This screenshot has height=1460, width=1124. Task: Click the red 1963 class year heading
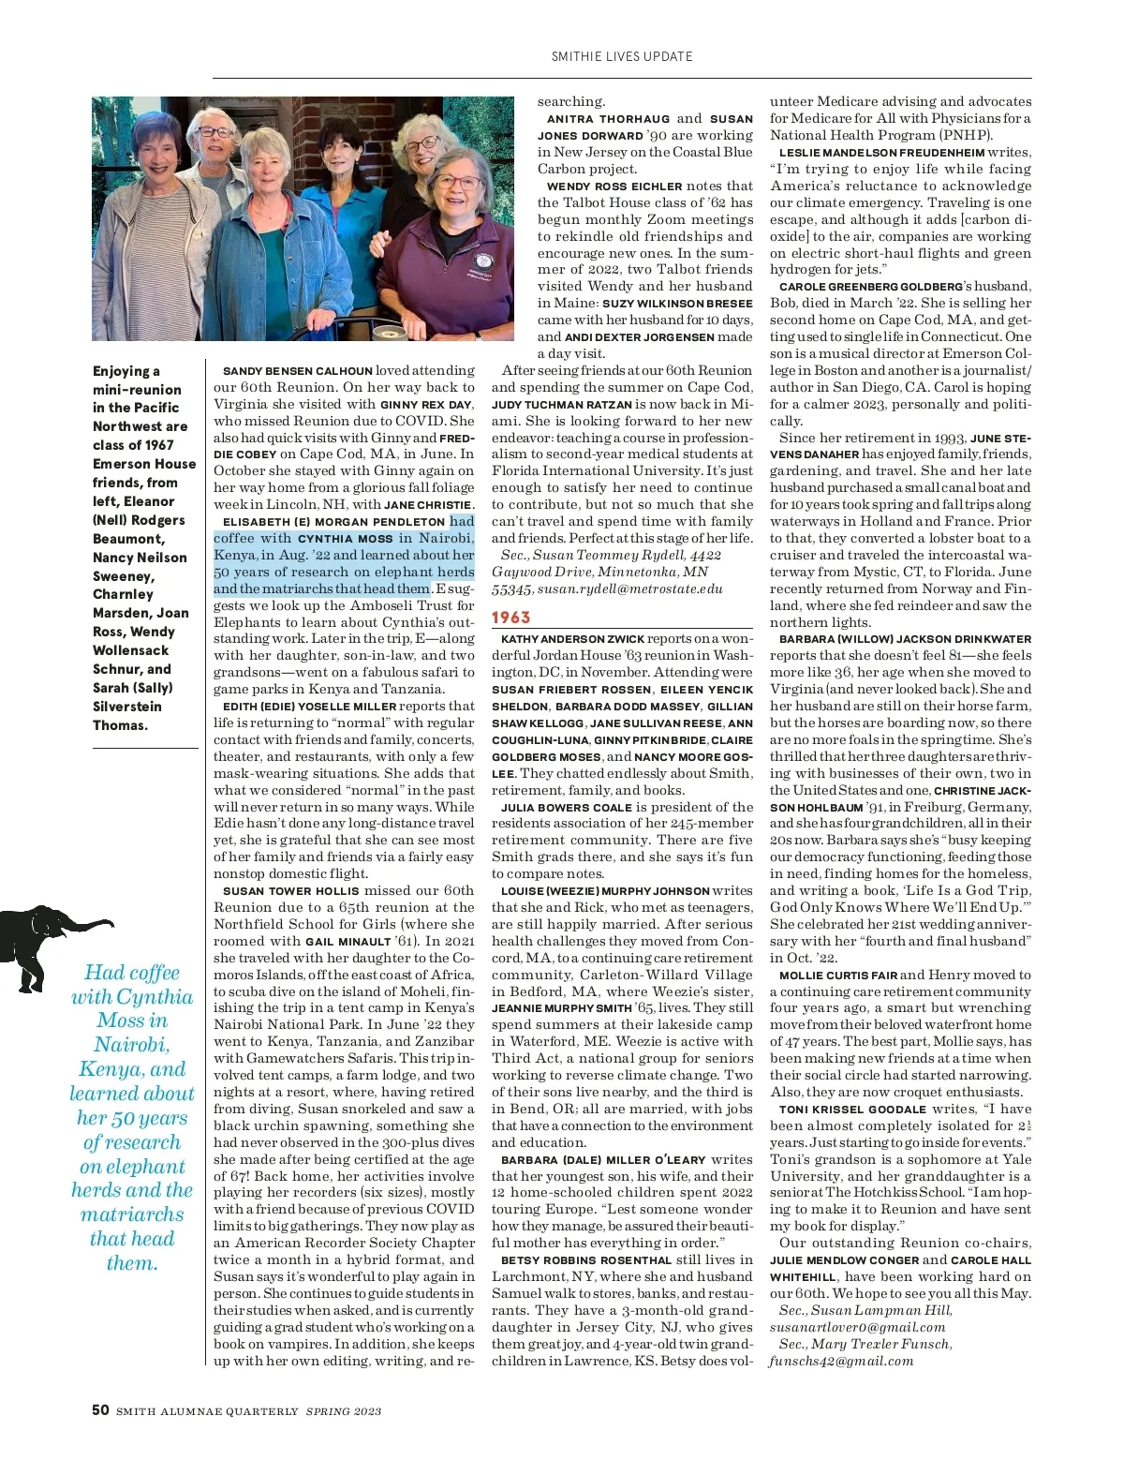click(x=511, y=618)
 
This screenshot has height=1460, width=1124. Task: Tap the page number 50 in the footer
click(x=100, y=1410)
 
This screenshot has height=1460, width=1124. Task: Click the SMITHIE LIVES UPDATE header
click(x=622, y=56)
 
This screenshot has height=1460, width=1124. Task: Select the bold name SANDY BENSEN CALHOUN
click(x=298, y=371)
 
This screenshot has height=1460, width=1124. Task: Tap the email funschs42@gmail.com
click(x=841, y=1361)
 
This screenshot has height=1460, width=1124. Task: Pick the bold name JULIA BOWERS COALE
click(x=567, y=808)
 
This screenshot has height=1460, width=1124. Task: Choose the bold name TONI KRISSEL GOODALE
click(x=852, y=1110)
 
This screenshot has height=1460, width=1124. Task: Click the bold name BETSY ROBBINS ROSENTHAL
click(x=586, y=1260)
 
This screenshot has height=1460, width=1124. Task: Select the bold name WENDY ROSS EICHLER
click(x=614, y=186)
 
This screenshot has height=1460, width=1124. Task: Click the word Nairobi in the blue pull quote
click(x=132, y=1045)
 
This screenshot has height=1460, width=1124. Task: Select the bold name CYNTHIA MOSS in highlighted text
click(x=345, y=539)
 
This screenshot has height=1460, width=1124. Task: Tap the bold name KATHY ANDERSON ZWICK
click(x=572, y=639)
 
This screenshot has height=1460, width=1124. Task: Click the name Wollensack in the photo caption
click(x=131, y=650)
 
